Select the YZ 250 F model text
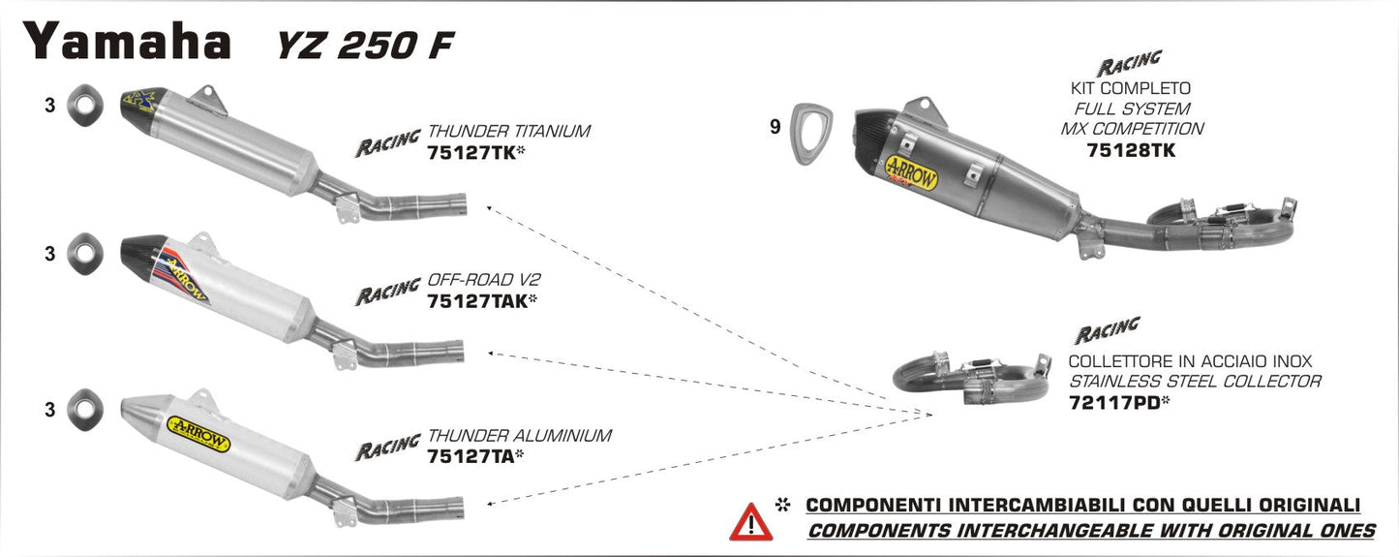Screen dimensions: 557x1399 click(x=354, y=46)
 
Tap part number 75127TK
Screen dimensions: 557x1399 click(x=469, y=152)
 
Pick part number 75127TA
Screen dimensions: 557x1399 click(x=469, y=455)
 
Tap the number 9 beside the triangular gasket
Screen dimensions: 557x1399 click(x=775, y=126)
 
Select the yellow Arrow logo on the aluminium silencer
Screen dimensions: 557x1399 click(x=198, y=433)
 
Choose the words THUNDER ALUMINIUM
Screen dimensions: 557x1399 click(x=519, y=435)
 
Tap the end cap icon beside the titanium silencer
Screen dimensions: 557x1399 click(x=84, y=106)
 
